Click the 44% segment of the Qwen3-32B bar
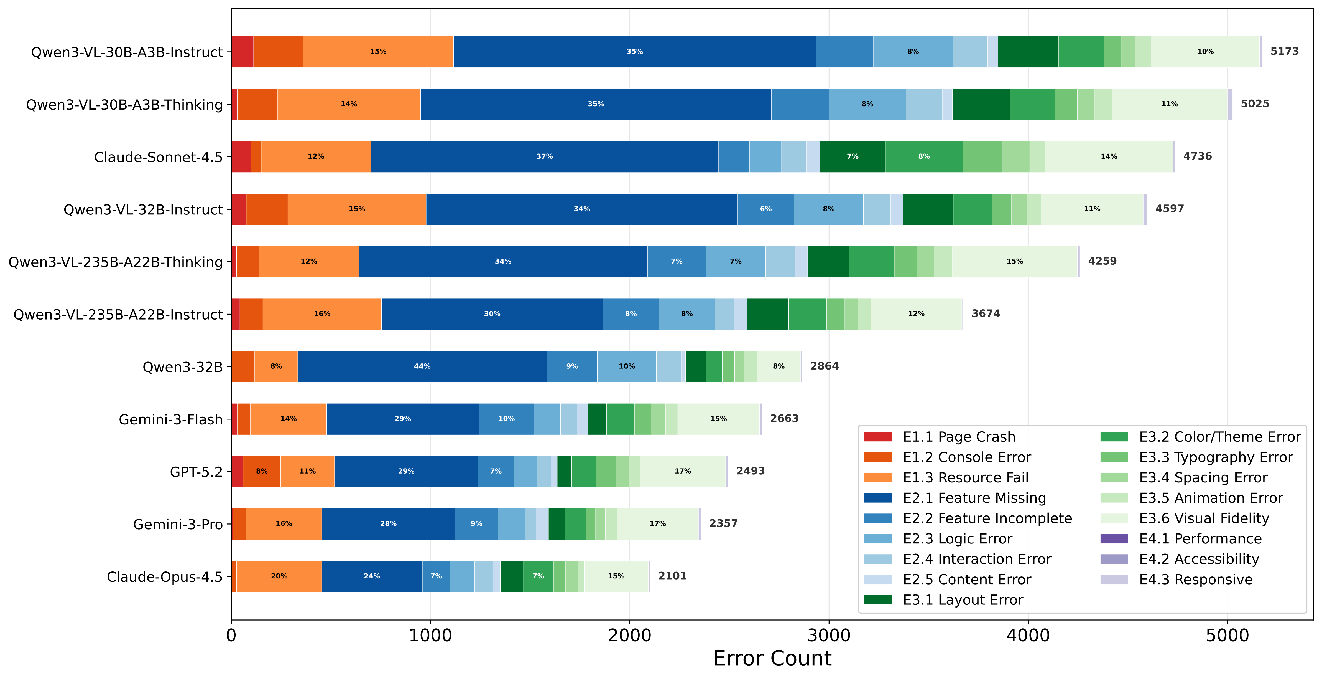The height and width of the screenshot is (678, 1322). pos(422,366)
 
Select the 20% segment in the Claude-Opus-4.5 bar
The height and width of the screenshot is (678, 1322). pos(279,576)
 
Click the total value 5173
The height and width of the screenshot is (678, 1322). pos(1285,51)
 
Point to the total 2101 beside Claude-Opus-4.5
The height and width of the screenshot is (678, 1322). pos(672,576)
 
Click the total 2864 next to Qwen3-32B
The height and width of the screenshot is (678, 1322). pos(824,366)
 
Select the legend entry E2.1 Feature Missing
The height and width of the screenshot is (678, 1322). pos(974,498)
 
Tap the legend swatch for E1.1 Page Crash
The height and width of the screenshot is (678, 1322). pos(877,437)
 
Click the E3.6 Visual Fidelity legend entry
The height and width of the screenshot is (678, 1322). pos(1203,518)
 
